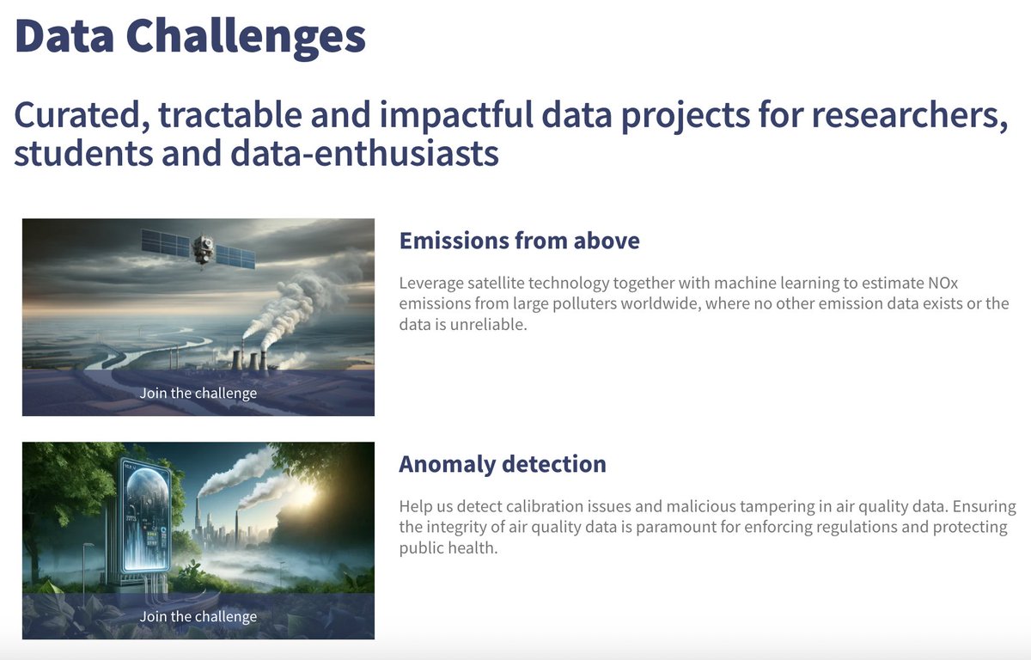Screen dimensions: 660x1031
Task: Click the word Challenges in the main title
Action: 246,36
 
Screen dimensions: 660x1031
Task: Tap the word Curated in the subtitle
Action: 75,117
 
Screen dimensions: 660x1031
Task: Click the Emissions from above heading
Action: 519,241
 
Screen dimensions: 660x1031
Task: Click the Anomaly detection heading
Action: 503,464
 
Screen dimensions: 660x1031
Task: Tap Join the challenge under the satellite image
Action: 198,394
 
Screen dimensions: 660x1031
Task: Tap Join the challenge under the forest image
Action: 198,617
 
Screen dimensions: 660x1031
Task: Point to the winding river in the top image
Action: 129,348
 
